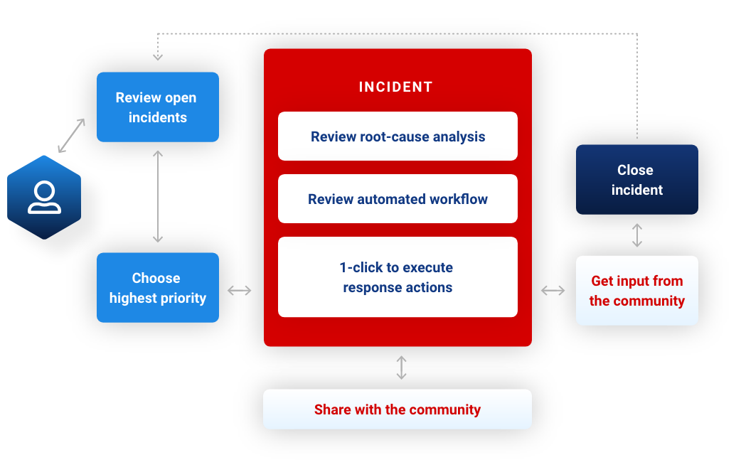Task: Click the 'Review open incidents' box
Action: pyautogui.click(x=157, y=107)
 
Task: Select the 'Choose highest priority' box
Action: pyautogui.click(x=157, y=288)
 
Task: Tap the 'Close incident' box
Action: pyautogui.click(x=636, y=180)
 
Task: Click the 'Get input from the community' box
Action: pyautogui.click(x=636, y=291)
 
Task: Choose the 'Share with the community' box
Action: pyautogui.click(x=397, y=409)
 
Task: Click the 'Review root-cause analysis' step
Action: pyautogui.click(x=398, y=136)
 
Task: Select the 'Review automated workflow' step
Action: pyautogui.click(x=398, y=199)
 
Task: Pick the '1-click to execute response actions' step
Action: pyautogui.click(x=398, y=277)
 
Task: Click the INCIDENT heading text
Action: pyautogui.click(x=395, y=87)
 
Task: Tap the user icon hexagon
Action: pyautogui.click(x=44, y=197)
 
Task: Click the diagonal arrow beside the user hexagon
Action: pyautogui.click(x=71, y=136)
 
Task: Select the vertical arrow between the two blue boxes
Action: pyautogui.click(x=158, y=196)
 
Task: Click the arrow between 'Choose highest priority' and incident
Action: pyautogui.click(x=240, y=290)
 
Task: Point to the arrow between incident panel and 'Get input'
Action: pyautogui.click(x=553, y=290)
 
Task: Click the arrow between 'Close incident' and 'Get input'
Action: pyautogui.click(x=637, y=235)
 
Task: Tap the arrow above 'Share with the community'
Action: pyautogui.click(x=401, y=368)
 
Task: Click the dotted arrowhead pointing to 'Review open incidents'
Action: pyautogui.click(x=158, y=56)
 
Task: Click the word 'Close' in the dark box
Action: pyautogui.click(x=635, y=170)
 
